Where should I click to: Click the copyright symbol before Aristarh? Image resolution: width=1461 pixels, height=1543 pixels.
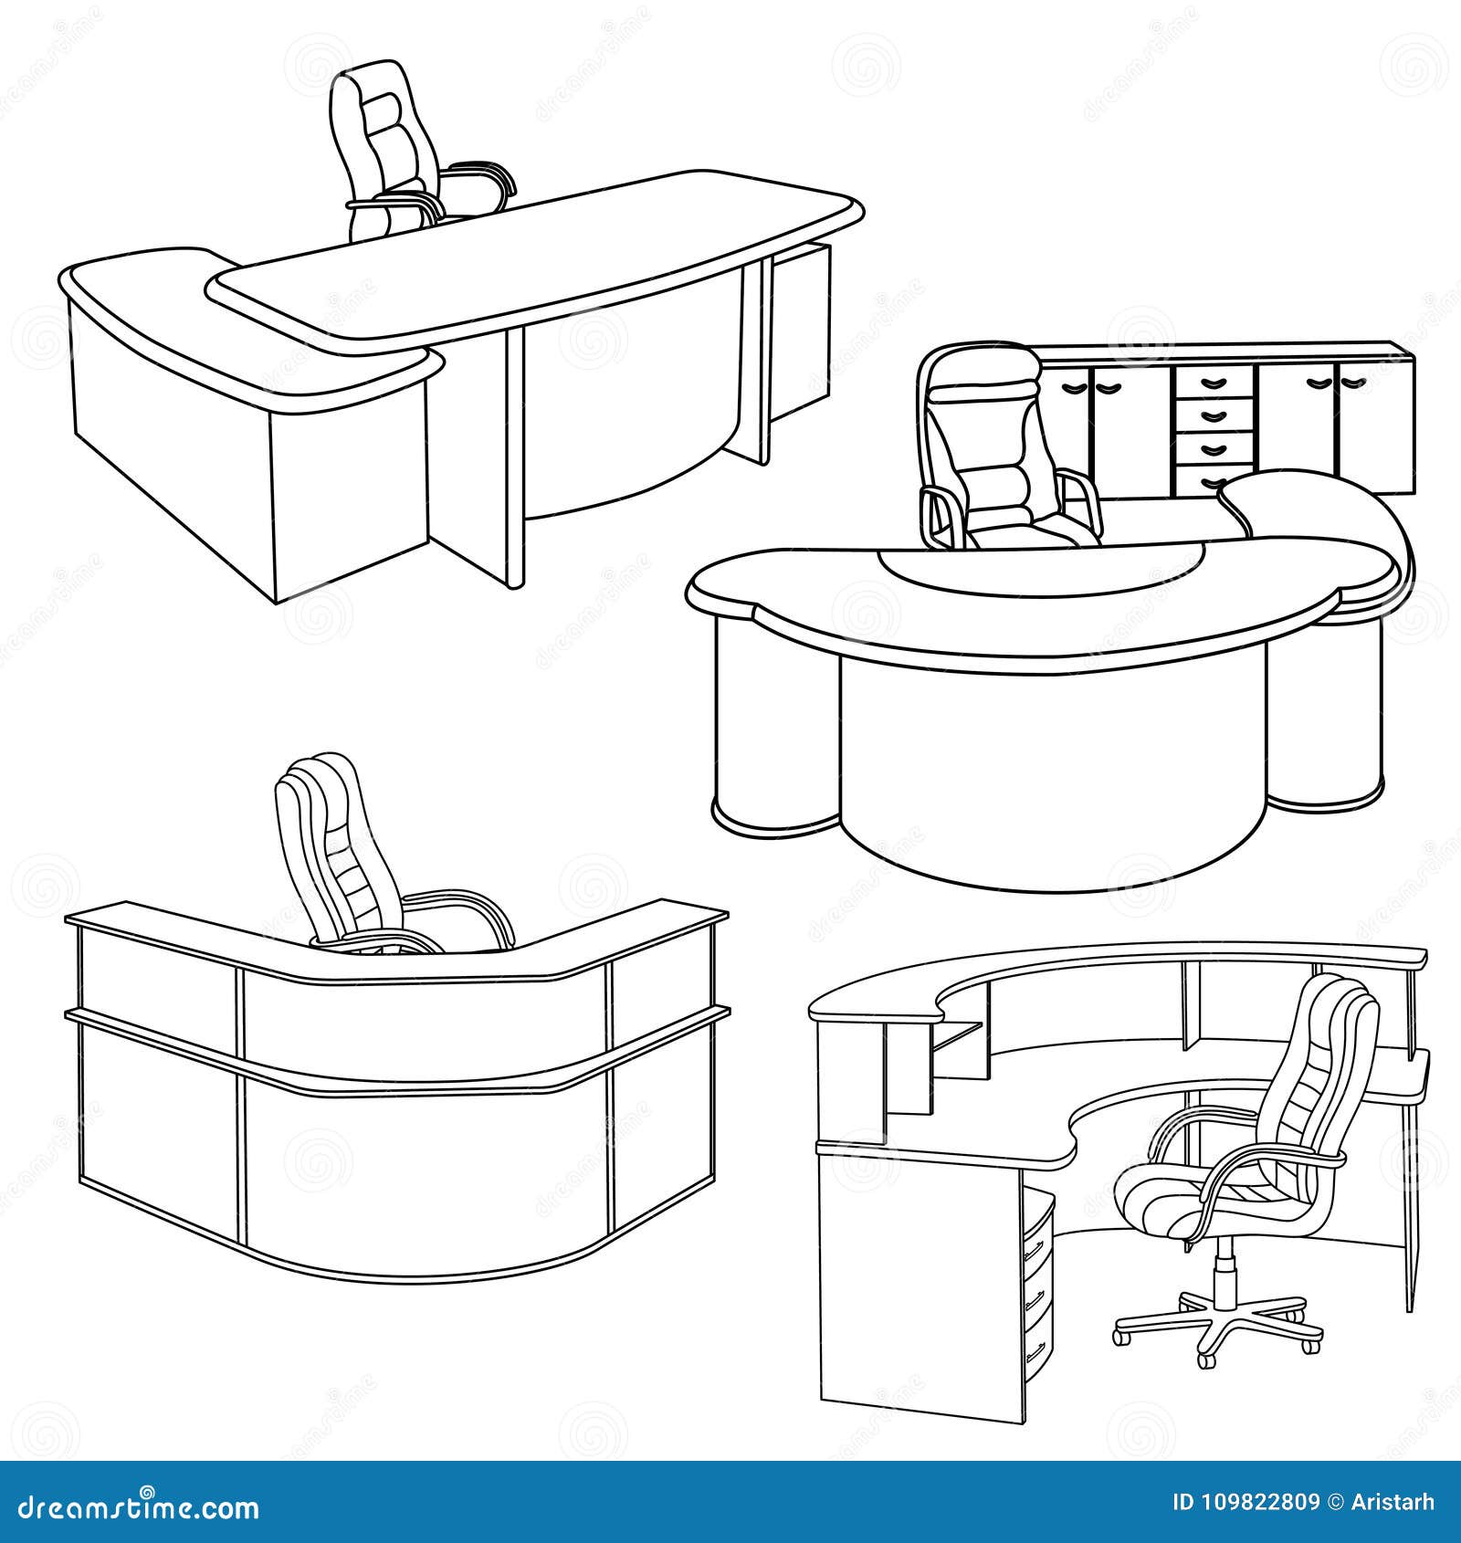tap(1336, 1503)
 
